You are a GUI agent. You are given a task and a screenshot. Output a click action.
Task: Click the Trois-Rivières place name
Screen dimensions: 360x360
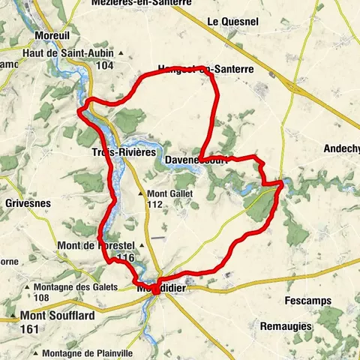(119, 151)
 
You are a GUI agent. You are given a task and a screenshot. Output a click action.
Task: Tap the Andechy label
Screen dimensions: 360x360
(343, 148)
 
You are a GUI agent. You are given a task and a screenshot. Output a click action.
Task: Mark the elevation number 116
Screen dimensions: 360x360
(125, 258)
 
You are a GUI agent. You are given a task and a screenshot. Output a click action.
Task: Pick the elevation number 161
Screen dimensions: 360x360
(30, 328)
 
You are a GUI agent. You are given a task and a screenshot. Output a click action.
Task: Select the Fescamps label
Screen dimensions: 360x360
(308, 301)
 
